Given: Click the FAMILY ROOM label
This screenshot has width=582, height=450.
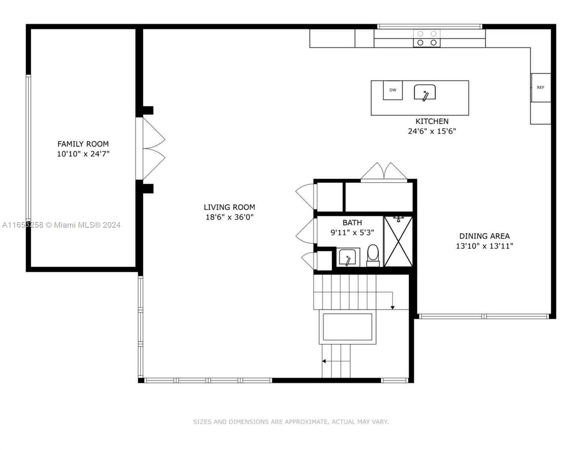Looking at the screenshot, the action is (83, 144).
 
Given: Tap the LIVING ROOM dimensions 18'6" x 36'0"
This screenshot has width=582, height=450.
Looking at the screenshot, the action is (229, 217).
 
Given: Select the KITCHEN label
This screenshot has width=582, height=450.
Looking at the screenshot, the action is (432, 121).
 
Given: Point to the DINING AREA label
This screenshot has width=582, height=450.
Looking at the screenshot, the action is (484, 236).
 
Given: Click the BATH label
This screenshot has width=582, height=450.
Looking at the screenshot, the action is (352, 222).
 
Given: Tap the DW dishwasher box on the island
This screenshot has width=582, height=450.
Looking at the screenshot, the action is (393, 90).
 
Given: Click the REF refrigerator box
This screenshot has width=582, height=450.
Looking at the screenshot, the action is (540, 87).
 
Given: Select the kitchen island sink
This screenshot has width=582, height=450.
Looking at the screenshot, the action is (425, 92).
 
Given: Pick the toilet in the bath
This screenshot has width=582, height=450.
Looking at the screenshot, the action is (373, 255).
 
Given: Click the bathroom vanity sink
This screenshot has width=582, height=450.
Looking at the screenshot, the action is (348, 257).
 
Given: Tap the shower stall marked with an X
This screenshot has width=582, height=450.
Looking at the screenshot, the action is (398, 241).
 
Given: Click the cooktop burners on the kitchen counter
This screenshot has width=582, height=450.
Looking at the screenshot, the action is (427, 38).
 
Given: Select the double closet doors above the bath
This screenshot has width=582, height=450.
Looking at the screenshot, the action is (384, 172).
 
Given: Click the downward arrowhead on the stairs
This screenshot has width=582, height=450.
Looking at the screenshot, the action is (392, 307).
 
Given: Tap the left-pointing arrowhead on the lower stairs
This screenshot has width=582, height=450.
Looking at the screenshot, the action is (324, 361).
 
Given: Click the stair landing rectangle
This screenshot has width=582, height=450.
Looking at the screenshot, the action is (348, 327).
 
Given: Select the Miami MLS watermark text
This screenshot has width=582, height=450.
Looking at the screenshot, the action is (61, 225).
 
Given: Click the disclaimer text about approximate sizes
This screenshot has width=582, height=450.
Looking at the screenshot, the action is (291, 422).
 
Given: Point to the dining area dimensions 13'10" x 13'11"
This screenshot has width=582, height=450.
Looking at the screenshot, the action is (484, 246).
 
